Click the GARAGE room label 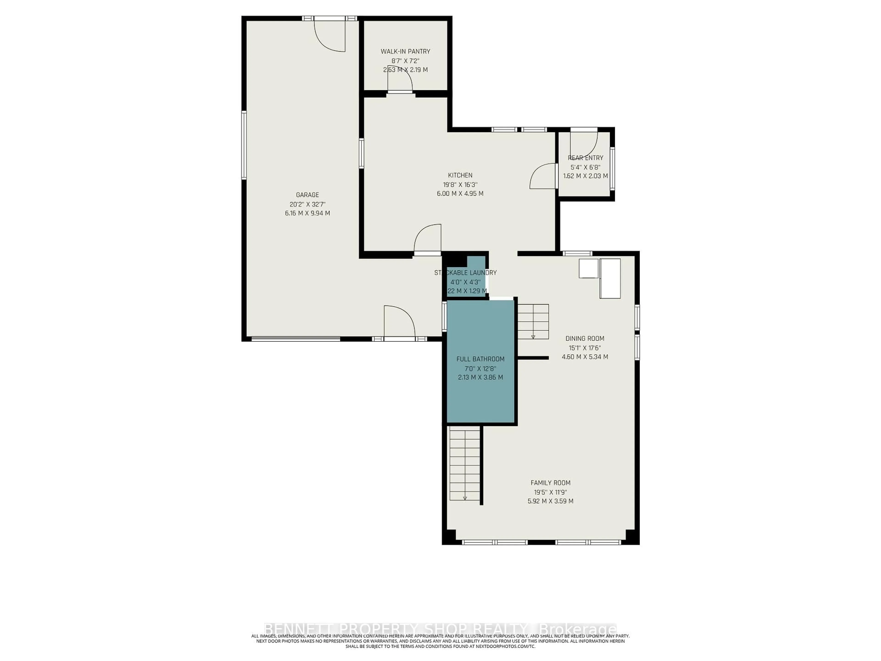point(307,195)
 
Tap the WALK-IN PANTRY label point(405,51)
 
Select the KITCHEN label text point(460,175)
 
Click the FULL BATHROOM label point(480,359)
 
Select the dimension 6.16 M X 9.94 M point(307,213)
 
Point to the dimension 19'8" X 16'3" point(460,185)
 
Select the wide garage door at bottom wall point(296,339)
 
